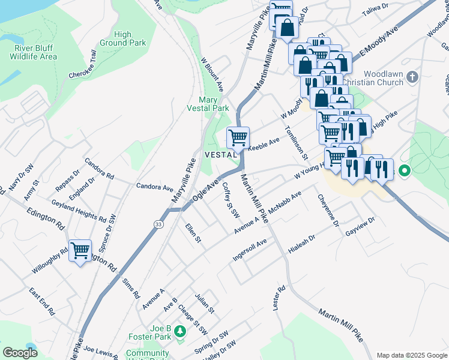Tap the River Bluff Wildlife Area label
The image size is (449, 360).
point(34,52)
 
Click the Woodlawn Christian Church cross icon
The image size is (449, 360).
point(411,77)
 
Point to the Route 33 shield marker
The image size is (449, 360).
point(158,224)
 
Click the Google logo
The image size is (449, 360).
point(20,353)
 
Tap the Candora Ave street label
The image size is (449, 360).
point(154,187)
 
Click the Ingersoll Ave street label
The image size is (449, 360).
point(249,251)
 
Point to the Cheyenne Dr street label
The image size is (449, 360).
point(328,210)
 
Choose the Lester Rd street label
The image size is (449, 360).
point(277,298)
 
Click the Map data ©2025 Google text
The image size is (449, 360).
point(411,355)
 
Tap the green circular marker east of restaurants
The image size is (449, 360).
point(404,172)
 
